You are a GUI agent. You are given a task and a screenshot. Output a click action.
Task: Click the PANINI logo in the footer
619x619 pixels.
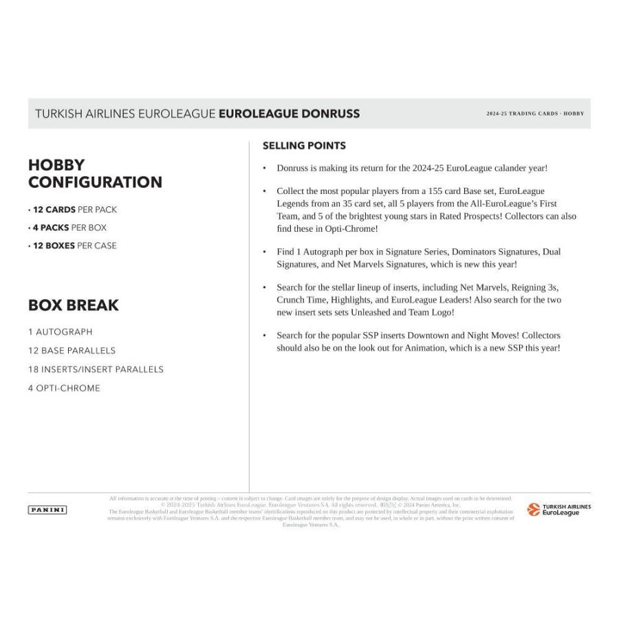click(x=47, y=510)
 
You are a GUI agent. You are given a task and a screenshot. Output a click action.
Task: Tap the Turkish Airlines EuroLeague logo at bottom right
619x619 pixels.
click(x=558, y=510)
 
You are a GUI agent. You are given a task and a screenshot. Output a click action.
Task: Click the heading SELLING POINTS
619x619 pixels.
click(x=304, y=146)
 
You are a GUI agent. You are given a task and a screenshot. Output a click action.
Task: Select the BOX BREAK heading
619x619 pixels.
click(x=74, y=305)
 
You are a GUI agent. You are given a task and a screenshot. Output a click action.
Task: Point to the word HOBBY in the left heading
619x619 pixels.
click(x=56, y=165)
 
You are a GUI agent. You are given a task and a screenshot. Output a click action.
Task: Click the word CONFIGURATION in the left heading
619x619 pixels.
click(x=95, y=182)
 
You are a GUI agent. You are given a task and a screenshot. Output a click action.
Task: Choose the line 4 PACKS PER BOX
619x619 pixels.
click(x=69, y=228)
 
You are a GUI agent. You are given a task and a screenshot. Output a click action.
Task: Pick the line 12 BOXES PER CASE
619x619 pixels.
click(x=74, y=246)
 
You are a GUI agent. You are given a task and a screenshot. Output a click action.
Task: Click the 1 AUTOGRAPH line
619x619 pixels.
click(x=61, y=332)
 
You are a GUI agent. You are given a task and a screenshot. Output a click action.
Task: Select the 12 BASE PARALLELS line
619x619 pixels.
click(x=72, y=350)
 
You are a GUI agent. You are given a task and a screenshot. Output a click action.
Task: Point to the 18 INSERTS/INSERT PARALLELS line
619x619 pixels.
click(x=96, y=369)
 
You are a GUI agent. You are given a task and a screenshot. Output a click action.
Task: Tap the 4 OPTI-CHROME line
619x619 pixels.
click(x=65, y=388)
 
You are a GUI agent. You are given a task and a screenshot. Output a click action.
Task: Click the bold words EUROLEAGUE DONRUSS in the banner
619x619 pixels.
click(x=289, y=113)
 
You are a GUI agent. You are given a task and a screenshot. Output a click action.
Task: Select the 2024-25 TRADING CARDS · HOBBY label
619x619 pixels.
click(x=535, y=113)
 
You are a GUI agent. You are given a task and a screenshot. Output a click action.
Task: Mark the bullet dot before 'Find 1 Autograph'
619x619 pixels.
click(x=265, y=252)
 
